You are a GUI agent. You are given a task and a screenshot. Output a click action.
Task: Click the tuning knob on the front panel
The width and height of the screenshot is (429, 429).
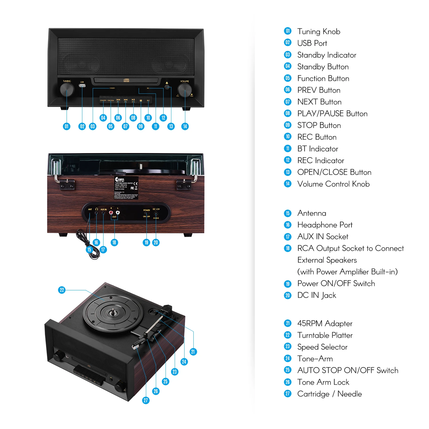pos(67,90)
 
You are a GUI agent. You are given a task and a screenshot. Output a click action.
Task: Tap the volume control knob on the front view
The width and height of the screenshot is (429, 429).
pos(185,90)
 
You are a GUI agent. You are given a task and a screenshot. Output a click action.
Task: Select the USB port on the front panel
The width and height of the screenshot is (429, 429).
pos(82,86)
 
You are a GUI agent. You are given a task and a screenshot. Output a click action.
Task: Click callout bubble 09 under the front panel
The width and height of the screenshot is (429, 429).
pos(140,126)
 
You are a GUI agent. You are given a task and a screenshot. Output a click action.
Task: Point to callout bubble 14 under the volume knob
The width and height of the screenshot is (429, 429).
pos(185,126)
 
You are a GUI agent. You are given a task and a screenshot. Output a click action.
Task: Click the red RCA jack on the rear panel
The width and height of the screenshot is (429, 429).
pos(111,212)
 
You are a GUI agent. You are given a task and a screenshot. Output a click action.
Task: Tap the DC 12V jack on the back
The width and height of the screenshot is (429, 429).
pos(156,213)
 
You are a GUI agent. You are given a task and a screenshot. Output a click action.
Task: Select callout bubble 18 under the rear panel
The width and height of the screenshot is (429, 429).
pos(114,243)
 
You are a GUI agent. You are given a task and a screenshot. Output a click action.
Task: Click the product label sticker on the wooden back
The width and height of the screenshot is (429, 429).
pos(126,188)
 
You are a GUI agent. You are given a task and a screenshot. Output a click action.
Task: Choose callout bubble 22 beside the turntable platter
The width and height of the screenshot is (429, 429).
pos(62,290)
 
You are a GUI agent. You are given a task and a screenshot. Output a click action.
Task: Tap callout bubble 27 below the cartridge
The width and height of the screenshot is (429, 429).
pos(146,400)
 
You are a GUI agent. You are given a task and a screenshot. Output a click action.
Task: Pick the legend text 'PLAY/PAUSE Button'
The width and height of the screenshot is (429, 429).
pos(332,114)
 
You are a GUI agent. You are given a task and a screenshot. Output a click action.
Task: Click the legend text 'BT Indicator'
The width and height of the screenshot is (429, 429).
pos(317,149)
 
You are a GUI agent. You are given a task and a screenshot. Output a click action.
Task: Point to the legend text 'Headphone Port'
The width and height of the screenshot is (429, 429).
pos(325,225)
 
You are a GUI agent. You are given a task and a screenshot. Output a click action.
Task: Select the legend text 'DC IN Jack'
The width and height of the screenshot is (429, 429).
pos(317,295)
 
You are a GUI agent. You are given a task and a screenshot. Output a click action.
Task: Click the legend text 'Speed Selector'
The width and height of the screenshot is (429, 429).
pos(322,347)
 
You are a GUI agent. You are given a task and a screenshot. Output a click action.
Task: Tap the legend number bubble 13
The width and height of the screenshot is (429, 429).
pos(288,172)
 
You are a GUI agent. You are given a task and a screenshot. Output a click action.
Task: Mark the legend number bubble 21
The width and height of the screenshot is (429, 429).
pos(288,323)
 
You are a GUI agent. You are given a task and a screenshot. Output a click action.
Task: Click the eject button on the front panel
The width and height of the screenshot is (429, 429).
pos(167,87)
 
